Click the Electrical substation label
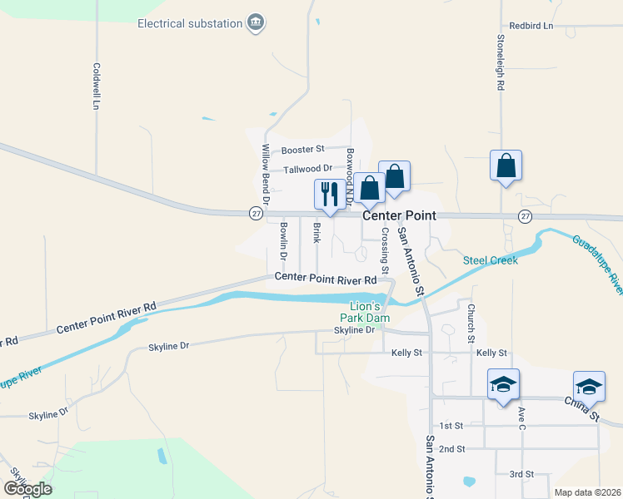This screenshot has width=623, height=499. (x=190, y=23)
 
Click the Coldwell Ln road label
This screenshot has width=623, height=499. (x=97, y=87)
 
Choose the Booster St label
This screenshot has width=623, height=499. (x=302, y=150)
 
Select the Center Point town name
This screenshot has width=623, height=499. (x=399, y=215)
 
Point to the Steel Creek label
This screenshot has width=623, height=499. (x=491, y=260)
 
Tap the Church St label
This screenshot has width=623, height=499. (x=471, y=324)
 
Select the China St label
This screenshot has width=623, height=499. (x=581, y=407)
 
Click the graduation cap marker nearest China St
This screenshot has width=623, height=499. (x=588, y=387)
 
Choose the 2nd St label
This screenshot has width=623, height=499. (x=452, y=449)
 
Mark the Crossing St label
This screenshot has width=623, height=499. (x=385, y=251)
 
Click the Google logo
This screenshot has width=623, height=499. (x=27, y=489)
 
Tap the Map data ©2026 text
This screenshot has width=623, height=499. (x=587, y=492)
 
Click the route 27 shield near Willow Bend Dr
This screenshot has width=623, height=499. (x=256, y=214)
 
